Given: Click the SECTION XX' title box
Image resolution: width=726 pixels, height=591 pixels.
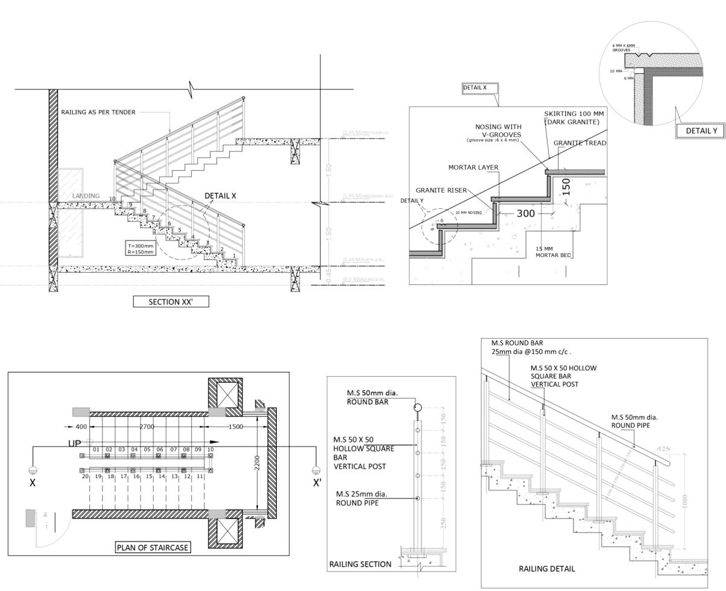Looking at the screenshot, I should [x=171, y=302].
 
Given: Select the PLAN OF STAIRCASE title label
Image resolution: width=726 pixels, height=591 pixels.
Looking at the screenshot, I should [x=153, y=548].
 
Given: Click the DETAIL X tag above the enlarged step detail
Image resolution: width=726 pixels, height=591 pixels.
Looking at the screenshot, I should [x=479, y=88].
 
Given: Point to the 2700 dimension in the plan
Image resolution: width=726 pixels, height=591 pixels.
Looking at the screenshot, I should [x=147, y=427].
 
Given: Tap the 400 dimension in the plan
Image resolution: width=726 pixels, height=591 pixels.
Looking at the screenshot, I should [x=81, y=427].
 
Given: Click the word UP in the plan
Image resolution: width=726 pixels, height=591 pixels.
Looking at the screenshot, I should [x=74, y=444].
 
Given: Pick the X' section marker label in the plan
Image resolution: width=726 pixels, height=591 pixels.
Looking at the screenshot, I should [x=317, y=483].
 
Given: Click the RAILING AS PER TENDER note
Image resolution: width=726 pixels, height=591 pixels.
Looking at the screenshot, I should [x=98, y=112].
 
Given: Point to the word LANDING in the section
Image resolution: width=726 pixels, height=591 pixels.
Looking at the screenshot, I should [x=86, y=196].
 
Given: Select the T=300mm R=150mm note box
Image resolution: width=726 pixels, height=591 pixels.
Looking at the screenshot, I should [x=140, y=249].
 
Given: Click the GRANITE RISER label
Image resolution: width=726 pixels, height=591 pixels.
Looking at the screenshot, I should [x=441, y=190].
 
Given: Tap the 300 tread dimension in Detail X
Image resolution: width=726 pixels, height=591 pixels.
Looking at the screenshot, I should [x=526, y=213].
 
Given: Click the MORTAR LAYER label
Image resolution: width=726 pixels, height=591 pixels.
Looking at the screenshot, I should [x=473, y=167].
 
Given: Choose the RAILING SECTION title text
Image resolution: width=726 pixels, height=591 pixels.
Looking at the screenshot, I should [x=360, y=564].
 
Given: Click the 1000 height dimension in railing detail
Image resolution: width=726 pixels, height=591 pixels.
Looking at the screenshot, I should [x=684, y=501].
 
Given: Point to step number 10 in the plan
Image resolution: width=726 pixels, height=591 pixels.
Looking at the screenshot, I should [x=210, y=450].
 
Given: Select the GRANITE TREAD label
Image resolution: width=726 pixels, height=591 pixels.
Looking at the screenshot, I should [x=579, y=143].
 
